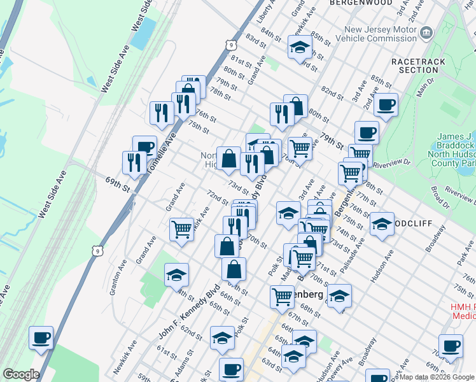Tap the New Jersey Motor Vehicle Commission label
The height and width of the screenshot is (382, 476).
click(x=379, y=35)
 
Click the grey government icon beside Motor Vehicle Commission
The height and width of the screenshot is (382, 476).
click(x=427, y=32)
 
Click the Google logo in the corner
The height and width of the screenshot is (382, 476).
click(x=21, y=374)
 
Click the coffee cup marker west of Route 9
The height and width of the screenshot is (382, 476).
click(x=41, y=337)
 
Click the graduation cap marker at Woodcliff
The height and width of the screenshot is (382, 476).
click(x=382, y=224)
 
